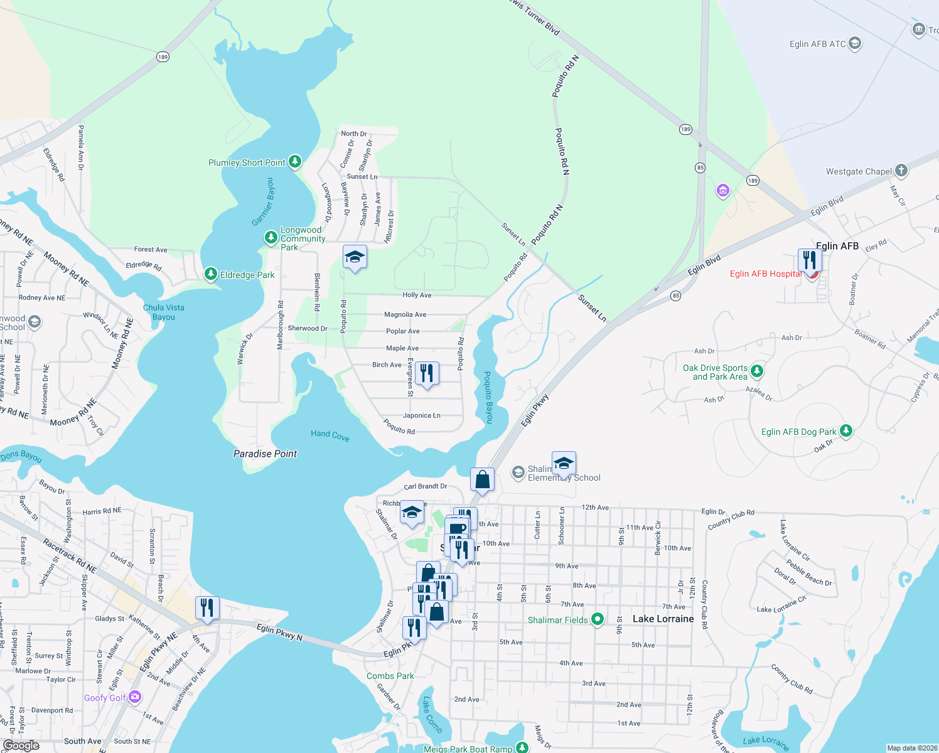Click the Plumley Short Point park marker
(x=294, y=162)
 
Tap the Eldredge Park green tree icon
(x=211, y=274)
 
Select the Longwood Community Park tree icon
(x=271, y=237)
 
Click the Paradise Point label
(x=265, y=454)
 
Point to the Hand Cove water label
(x=330, y=435)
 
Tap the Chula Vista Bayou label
(x=164, y=312)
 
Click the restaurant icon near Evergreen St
(x=427, y=373)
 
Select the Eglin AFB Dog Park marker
(x=846, y=430)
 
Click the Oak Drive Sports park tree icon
(x=757, y=371)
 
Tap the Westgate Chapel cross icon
(x=901, y=170)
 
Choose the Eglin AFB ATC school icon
(x=854, y=43)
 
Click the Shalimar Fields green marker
(x=598, y=619)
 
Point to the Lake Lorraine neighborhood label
(x=663, y=619)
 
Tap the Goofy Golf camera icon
(x=135, y=697)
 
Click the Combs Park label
(x=390, y=676)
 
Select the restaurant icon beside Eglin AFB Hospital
(x=810, y=259)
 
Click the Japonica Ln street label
(x=422, y=415)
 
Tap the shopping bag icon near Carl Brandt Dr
(x=482, y=480)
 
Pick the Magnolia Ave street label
(x=405, y=314)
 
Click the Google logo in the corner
(x=21, y=745)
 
